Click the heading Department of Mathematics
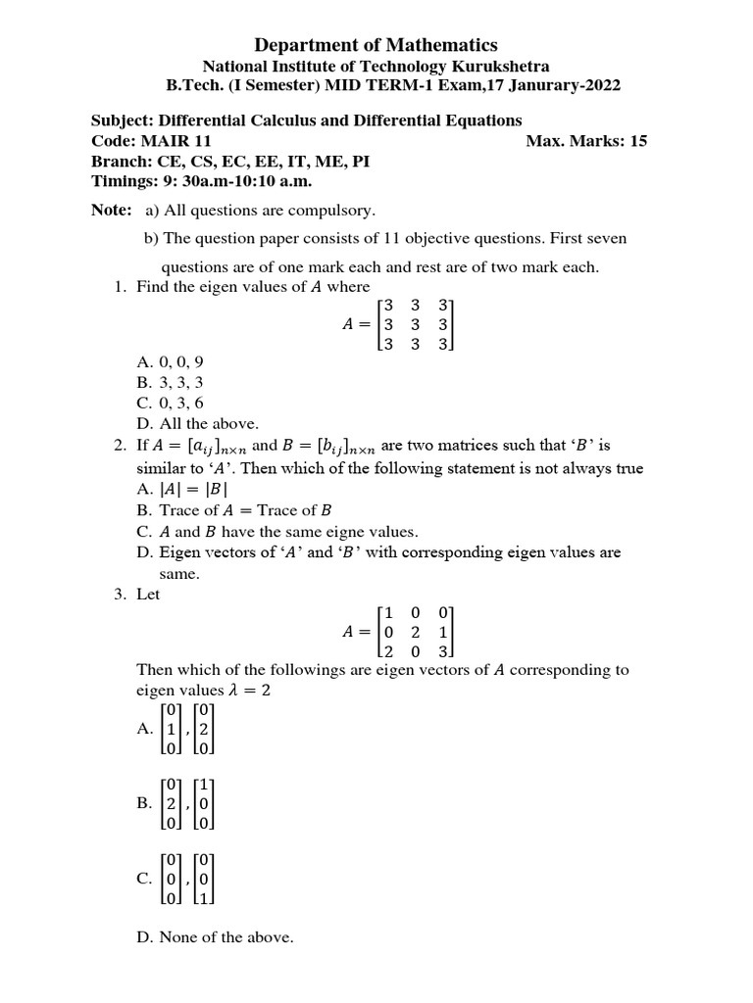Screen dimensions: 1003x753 376,45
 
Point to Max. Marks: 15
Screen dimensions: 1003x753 586,141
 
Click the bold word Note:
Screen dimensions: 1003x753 111,211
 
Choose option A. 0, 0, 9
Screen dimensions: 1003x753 171,361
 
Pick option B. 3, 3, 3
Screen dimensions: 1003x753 171,382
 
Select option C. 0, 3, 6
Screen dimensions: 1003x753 171,403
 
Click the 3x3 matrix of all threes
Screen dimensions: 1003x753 417,324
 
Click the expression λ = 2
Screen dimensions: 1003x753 249,691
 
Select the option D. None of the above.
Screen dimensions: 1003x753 215,937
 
